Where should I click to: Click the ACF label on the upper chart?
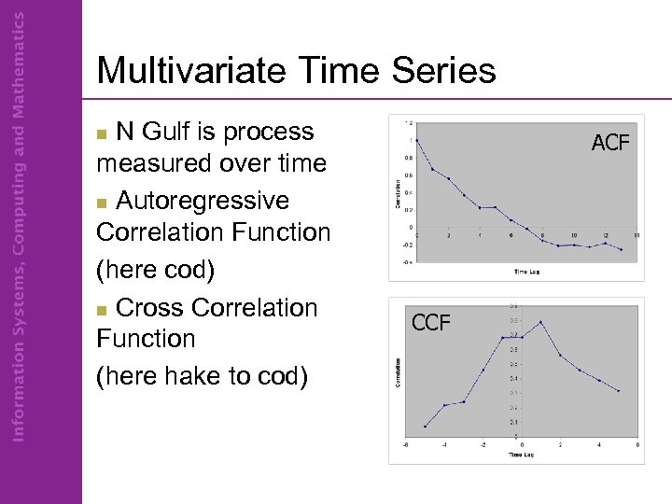pos(610,143)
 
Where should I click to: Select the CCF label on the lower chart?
pos(431,323)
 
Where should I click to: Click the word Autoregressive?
pos(203,201)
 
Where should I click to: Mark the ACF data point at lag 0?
pos(417,140)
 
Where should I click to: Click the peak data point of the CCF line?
pos(540,322)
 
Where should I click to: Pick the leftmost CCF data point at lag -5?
pos(425,427)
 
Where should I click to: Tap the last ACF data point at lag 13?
pos(621,249)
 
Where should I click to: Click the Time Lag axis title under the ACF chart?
pos(528,271)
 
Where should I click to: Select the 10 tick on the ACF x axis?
pos(574,235)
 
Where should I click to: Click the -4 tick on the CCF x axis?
pos(444,445)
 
